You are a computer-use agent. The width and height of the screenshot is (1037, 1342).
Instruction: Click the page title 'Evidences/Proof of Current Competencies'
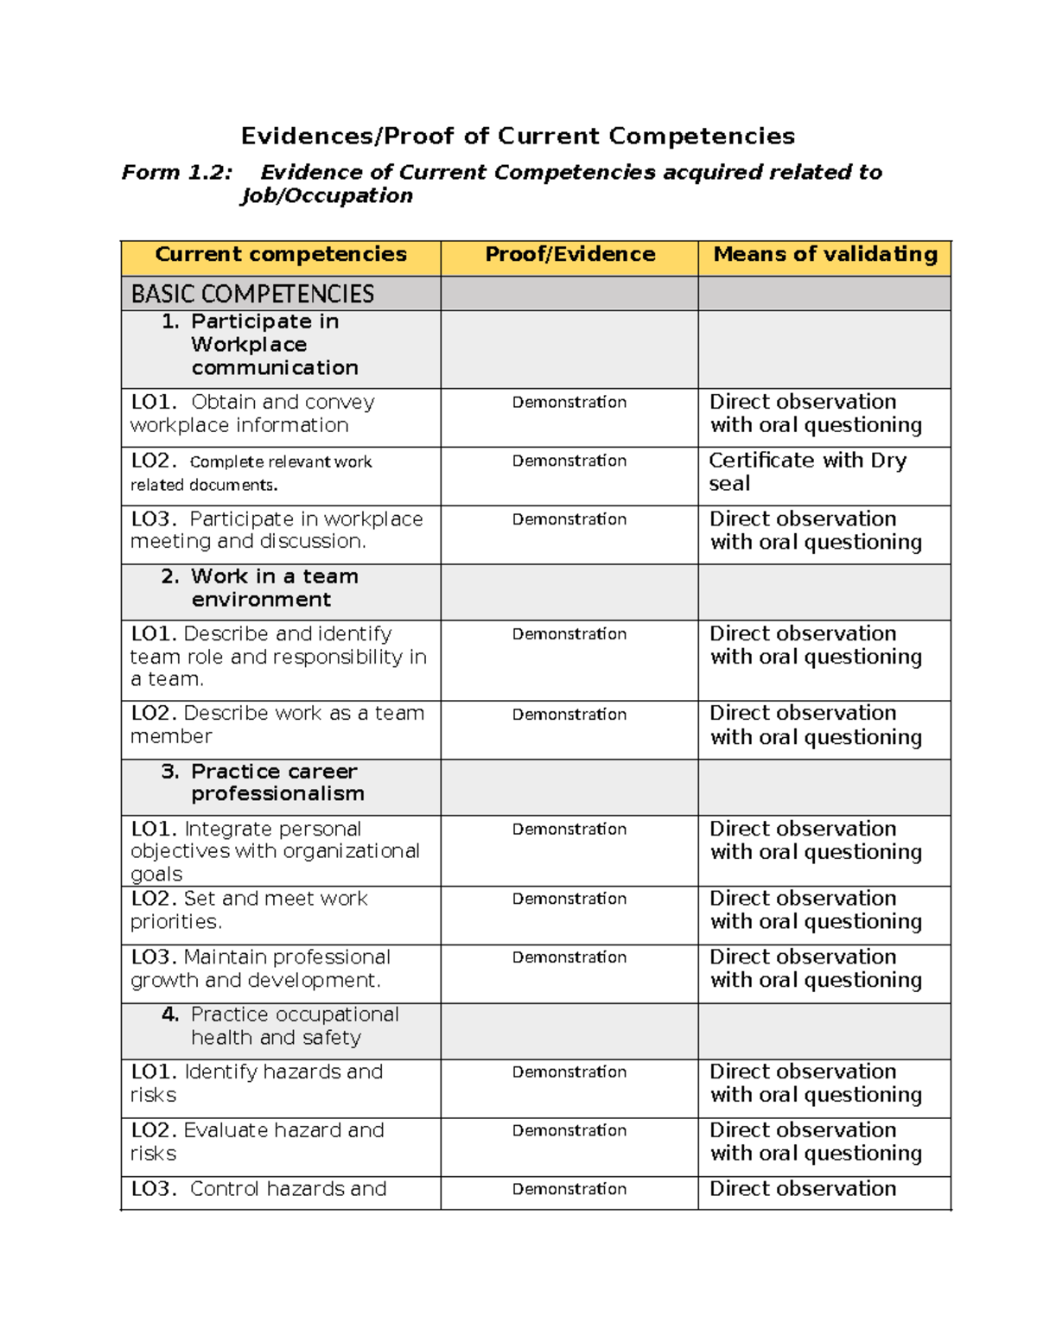pyautogui.click(x=518, y=137)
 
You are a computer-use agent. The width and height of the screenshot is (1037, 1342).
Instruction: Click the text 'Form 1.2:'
pyautogui.click(x=176, y=173)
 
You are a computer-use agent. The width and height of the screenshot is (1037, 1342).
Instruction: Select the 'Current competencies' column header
pyautogui.click(x=281, y=255)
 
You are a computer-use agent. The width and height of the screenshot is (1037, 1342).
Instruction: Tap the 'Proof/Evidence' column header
pyautogui.click(x=569, y=255)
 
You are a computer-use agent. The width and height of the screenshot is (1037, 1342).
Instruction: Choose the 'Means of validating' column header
pyautogui.click(x=824, y=255)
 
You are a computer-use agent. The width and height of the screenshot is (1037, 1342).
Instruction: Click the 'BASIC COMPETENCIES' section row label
pyautogui.click(x=252, y=294)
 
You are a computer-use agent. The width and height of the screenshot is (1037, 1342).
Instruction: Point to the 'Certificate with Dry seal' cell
pyautogui.click(x=807, y=472)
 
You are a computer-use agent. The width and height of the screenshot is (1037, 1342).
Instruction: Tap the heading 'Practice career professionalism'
pyautogui.click(x=277, y=783)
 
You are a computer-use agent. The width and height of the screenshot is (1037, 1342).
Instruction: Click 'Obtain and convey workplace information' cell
pyautogui.click(x=252, y=414)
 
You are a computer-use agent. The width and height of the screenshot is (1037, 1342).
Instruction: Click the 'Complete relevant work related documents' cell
pyautogui.click(x=251, y=473)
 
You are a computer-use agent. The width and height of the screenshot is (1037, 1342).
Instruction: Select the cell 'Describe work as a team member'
pyautogui.click(x=277, y=725)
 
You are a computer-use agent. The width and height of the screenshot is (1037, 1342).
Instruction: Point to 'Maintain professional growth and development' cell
pyautogui.click(x=259, y=969)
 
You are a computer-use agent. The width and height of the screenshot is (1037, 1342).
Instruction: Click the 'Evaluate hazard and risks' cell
pyautogui.click(x=257, y=1142)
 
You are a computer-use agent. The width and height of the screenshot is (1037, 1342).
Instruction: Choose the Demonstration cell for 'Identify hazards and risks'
pyautogui.click(x=569, y=1072)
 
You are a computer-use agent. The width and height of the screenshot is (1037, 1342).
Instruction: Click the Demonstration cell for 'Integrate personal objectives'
pyautogui.click(x=569, y=830)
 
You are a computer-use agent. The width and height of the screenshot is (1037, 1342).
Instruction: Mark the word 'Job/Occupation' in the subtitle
pyautogui.click(x=327, y=196)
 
